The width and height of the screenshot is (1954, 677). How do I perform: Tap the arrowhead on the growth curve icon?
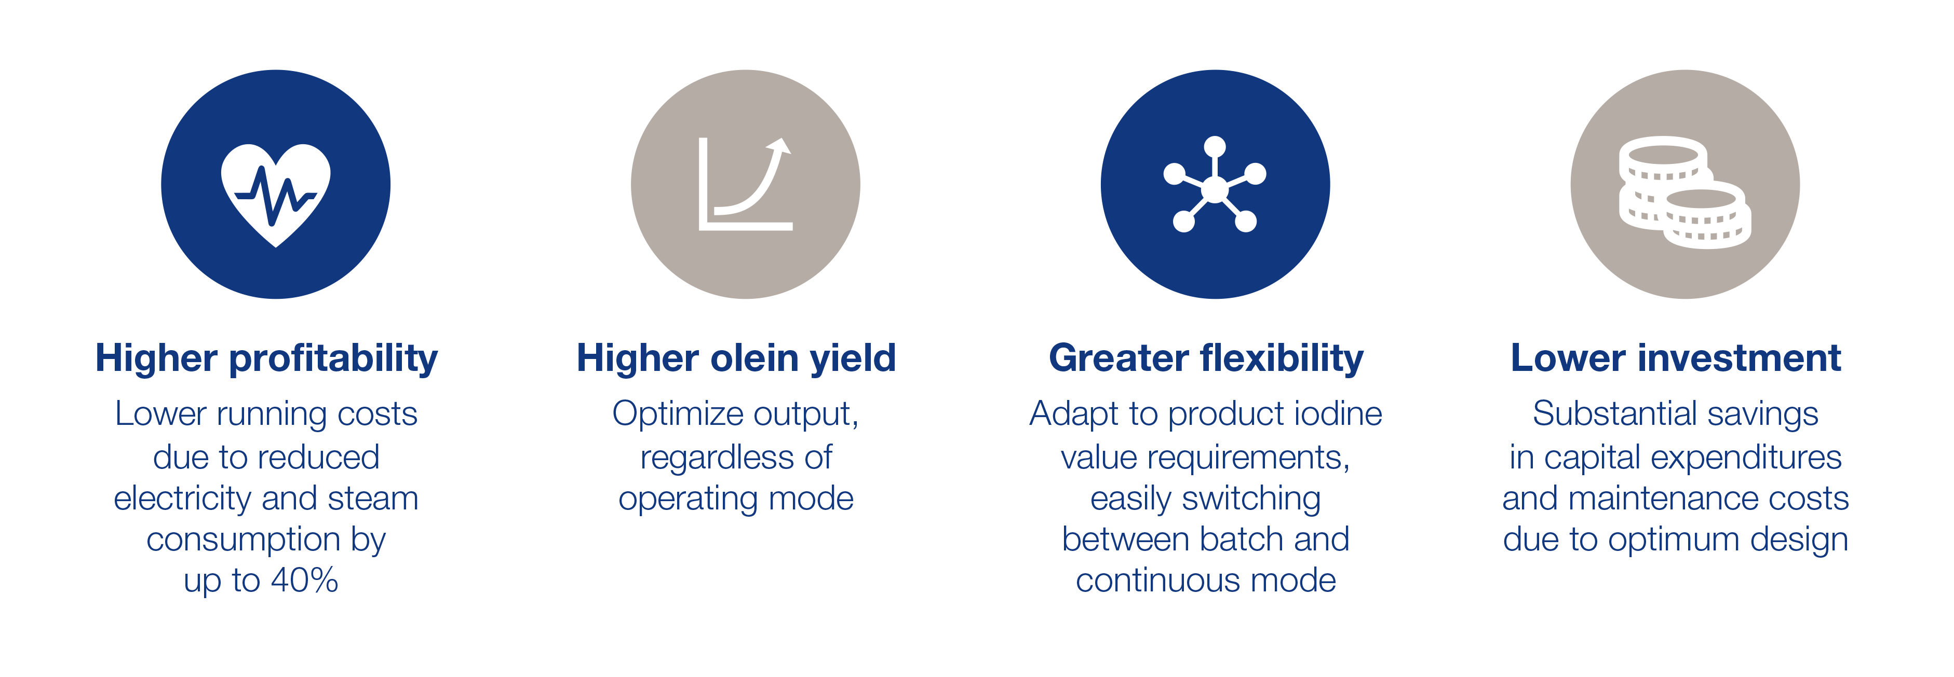(x=780, y=146)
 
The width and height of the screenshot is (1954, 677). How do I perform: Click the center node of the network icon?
(x=1215, y=189)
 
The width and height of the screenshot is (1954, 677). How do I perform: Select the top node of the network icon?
(x=1215, y=146)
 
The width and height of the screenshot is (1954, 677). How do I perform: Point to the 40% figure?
(x=304, y=580)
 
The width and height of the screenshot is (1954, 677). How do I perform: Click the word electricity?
(x=182, y=498)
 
